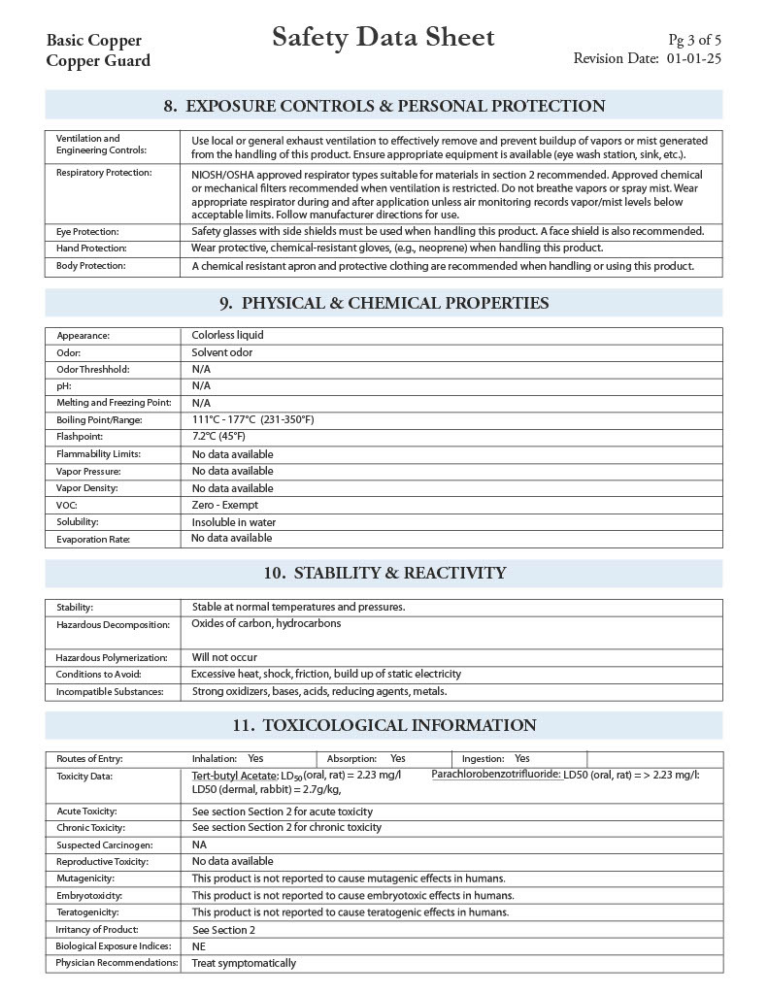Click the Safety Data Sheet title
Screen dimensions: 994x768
(384, 38)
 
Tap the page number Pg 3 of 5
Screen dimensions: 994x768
(694, 40)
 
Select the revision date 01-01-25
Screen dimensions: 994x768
(693, 58)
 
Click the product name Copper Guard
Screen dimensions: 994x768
(98, 60)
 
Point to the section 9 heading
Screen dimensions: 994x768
(384, 303)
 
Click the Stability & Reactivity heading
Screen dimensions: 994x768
(384, 573)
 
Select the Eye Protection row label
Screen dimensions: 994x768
(87, 232)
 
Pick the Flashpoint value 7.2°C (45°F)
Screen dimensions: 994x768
(218, 437)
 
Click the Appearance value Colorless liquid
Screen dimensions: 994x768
(227, 335)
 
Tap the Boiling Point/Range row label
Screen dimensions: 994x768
(99, 420)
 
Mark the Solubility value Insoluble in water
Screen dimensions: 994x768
(233, 522)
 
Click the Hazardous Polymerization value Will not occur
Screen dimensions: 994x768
(224, 657)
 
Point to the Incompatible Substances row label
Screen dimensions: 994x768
(110, 692)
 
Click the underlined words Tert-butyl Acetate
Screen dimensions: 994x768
(234, 776)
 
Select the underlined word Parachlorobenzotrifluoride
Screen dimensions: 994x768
(495, 775)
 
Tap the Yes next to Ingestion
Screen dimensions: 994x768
(522, 758)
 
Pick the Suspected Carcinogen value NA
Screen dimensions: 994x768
(199, 845)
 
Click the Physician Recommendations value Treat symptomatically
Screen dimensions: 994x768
(244, 963)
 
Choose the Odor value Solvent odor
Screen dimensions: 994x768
(221, 352)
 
